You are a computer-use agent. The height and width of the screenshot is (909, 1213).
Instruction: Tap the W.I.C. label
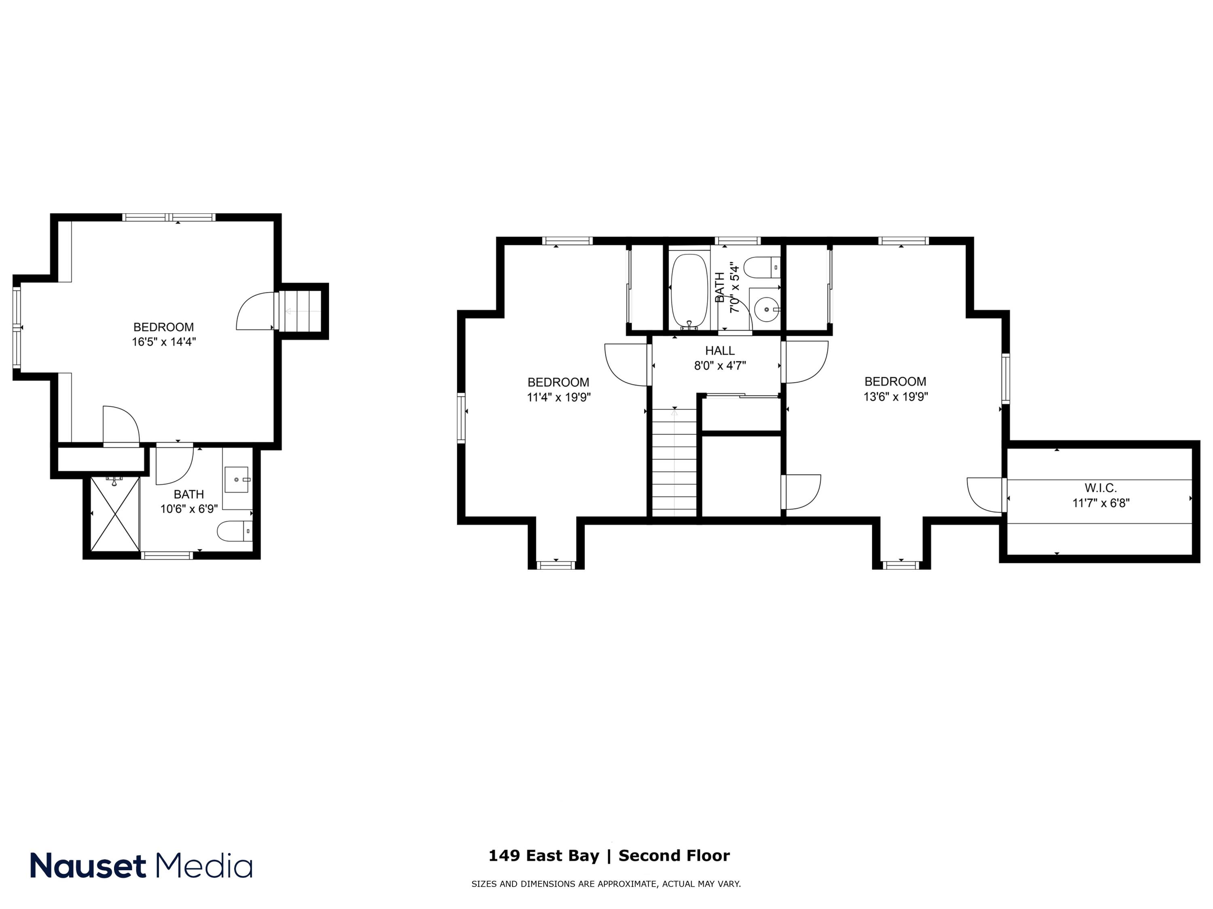pos(1100,488)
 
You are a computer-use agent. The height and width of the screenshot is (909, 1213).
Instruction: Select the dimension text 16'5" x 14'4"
pos(163,342)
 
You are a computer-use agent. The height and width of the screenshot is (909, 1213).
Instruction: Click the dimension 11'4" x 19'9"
pos(558,397)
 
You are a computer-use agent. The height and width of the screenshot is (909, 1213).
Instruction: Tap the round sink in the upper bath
pos(766,309)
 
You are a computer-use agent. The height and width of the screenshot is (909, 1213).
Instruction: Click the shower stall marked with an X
pos(114,514)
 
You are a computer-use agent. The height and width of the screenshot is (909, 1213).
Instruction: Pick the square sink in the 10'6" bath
pos(237,480)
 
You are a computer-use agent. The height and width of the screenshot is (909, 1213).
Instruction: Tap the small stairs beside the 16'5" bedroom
pos(300,311)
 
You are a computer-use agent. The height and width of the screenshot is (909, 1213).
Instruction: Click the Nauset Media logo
pos(141,866)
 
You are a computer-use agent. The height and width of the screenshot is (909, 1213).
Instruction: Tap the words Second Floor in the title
pos(674,855)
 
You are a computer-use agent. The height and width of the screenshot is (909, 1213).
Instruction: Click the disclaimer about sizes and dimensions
pos(606,884)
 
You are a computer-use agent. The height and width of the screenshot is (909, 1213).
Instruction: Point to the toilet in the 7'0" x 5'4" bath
pos(763,268)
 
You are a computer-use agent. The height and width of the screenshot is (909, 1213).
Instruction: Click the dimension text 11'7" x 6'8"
pos(1101,503)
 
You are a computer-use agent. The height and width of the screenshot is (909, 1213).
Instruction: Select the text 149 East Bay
pos(543,855)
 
